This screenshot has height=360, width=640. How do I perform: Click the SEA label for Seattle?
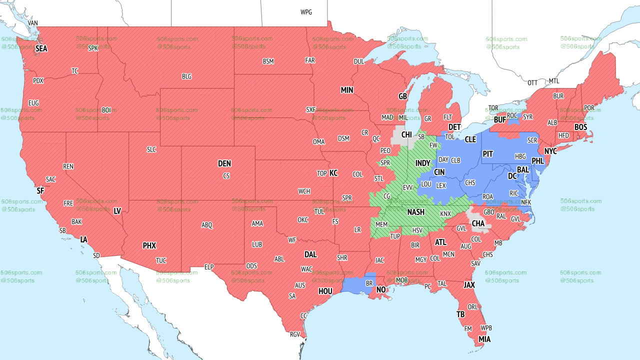41,49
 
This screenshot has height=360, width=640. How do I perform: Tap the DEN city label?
224,163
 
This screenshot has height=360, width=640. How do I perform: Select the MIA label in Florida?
484,339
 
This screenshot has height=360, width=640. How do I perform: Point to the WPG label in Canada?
306,12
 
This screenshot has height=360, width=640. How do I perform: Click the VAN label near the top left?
33,23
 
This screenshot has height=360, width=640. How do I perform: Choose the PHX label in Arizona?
149,245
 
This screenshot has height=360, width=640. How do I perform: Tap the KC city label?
333,173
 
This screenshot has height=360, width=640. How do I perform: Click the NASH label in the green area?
416,212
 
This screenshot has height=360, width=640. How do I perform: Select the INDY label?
422,163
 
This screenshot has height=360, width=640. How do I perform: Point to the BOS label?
580,127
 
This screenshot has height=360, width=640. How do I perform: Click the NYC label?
550,151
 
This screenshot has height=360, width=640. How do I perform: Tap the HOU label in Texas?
325,291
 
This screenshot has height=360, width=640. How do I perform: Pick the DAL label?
310,254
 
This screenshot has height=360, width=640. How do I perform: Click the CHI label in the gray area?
407,134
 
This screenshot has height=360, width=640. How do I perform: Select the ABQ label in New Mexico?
207,225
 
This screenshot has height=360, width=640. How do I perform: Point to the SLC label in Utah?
151,149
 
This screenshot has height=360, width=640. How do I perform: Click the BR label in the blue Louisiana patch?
370,283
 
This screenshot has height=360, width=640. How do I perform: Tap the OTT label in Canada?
532,82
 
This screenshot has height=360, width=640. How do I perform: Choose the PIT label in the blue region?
488,154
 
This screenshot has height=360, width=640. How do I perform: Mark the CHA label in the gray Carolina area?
478,223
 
